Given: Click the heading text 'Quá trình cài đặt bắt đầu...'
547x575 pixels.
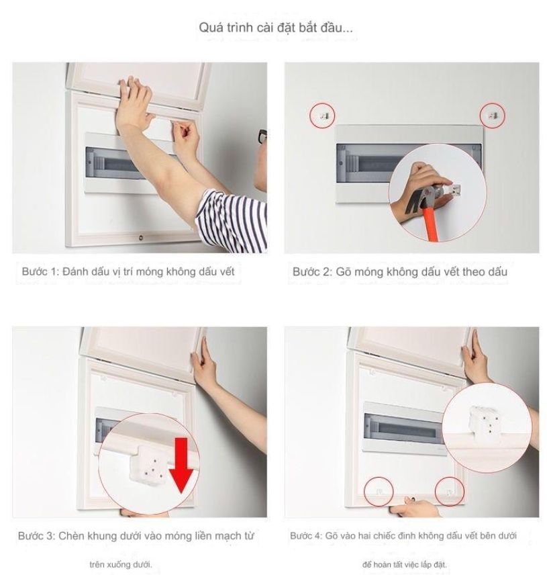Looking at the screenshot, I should click(276, 28).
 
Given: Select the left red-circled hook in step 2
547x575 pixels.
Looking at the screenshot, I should click(323, 116).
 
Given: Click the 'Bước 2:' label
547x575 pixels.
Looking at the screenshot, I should click(312, 272).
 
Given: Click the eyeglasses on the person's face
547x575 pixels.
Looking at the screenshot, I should click(262, 138).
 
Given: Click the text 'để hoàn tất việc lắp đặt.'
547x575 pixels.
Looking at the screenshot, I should click(404, 564).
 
